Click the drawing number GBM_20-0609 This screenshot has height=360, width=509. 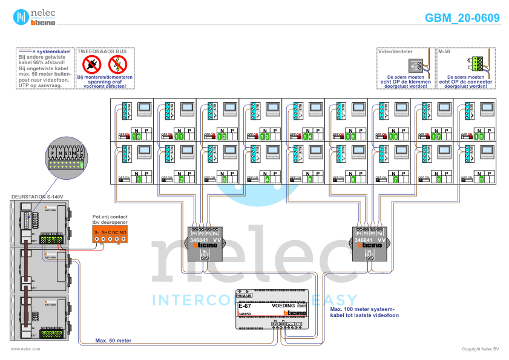click(x=462, y=18)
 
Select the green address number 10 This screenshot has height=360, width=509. click(x=137, y=137)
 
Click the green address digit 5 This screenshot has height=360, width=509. click(x=310, y=180)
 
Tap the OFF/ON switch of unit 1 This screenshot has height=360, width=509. click(x=124, y=179)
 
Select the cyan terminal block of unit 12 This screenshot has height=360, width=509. click(x=210, y=111)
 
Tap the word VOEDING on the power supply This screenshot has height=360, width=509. click(x=283, y=306)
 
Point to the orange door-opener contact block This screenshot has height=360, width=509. click(x=110, y=236)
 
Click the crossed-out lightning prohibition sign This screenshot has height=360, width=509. click(x=118, y=64)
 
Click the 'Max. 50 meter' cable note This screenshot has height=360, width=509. click(x=114, y=341)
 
